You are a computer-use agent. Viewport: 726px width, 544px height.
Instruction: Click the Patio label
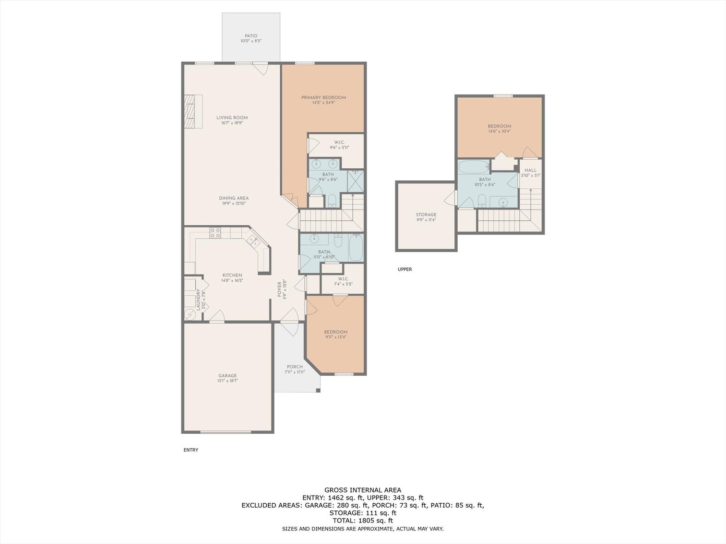tap(251, 36)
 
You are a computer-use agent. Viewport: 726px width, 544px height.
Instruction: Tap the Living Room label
tap(232, 117)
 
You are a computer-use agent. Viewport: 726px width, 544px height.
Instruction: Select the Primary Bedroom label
tap(323, 97)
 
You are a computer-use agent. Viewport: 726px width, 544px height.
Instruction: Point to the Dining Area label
tap(234, 198)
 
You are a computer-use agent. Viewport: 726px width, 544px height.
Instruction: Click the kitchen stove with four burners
tap(215, 233)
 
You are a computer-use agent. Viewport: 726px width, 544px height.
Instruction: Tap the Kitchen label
tap(232, 275)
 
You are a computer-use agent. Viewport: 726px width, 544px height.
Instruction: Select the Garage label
tap(227, 376)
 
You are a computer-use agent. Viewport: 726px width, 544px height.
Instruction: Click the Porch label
tap(295, 367)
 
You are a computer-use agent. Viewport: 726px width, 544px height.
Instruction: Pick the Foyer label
tap(279, 289)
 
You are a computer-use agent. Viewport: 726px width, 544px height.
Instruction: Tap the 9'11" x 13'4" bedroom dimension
tap(335, 337)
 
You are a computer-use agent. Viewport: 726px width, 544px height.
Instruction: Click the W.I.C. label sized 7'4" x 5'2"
tap(343, 278)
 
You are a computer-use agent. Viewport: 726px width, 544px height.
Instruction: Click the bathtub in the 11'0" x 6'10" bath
tap(356, 247)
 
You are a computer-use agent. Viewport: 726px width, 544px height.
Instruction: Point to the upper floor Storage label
tap(426, 215)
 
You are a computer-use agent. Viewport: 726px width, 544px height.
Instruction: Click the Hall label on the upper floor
tap(530, 170)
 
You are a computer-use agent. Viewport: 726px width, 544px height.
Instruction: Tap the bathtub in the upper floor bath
tap(473, 167)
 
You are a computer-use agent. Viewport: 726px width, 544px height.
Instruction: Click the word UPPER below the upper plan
tap(405, 269)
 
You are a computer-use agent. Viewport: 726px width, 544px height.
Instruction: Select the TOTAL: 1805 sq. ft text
tap(363, 521)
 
